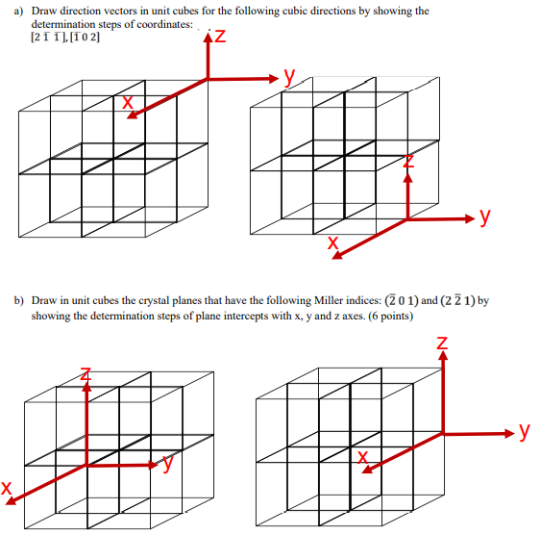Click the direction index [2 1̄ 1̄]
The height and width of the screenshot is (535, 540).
tap(48, 38)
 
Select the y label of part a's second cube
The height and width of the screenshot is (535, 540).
tap(486, 217)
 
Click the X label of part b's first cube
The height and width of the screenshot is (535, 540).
tap(8, 490)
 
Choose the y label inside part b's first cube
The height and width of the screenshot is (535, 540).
tap(167, 465)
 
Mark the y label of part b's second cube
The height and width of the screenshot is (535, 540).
tap(524, 430)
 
